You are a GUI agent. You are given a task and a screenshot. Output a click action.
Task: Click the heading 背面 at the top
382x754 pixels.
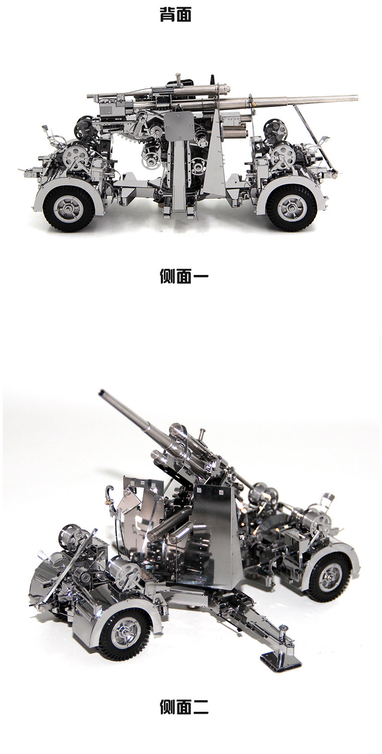[175, 15]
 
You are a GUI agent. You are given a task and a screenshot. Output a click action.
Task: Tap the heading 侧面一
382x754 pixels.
[184, 276]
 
